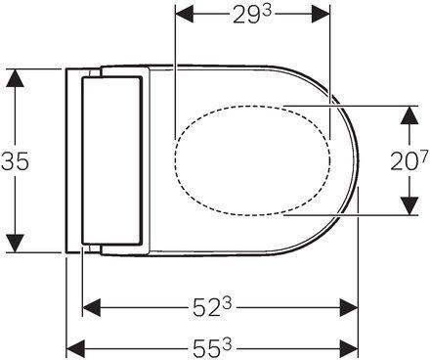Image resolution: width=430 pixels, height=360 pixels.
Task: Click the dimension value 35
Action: tap(15, 160)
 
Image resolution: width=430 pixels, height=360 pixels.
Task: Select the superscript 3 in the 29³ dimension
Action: tap(267, 12)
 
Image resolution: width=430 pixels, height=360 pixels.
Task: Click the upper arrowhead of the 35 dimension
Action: tap(15, 78)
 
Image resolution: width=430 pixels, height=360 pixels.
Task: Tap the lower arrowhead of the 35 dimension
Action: tap(15, 244)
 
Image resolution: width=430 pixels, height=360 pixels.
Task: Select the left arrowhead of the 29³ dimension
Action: tap(185, 14)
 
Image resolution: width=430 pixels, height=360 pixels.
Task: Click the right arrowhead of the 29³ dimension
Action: tap(321, 14)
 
